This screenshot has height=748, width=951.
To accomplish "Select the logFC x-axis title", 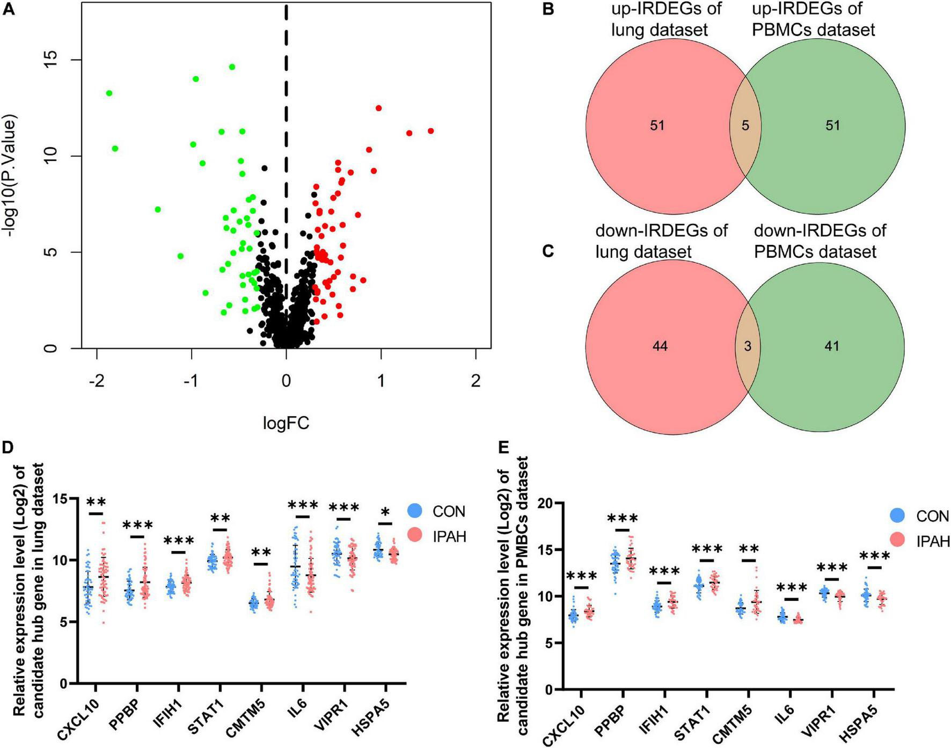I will click(x=286, y=423).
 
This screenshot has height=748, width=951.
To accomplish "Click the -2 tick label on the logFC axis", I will click(x=97, y=381).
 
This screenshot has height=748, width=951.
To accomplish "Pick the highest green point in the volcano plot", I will click(x=232, y=67).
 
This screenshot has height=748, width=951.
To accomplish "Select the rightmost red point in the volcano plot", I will click(x=430, y=131).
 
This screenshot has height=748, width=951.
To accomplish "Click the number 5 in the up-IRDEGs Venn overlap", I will click(x=745, y=126).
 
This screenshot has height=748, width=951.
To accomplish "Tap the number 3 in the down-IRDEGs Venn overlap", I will click(x=747, y=346).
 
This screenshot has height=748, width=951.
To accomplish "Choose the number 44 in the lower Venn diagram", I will click(x=660, y=346).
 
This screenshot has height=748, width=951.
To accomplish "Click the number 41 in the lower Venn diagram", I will click(x=831, y=346).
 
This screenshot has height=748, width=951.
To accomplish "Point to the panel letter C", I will click(x=548, y=251).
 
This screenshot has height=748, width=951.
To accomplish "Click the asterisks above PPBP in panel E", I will click(x=623, y=519).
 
